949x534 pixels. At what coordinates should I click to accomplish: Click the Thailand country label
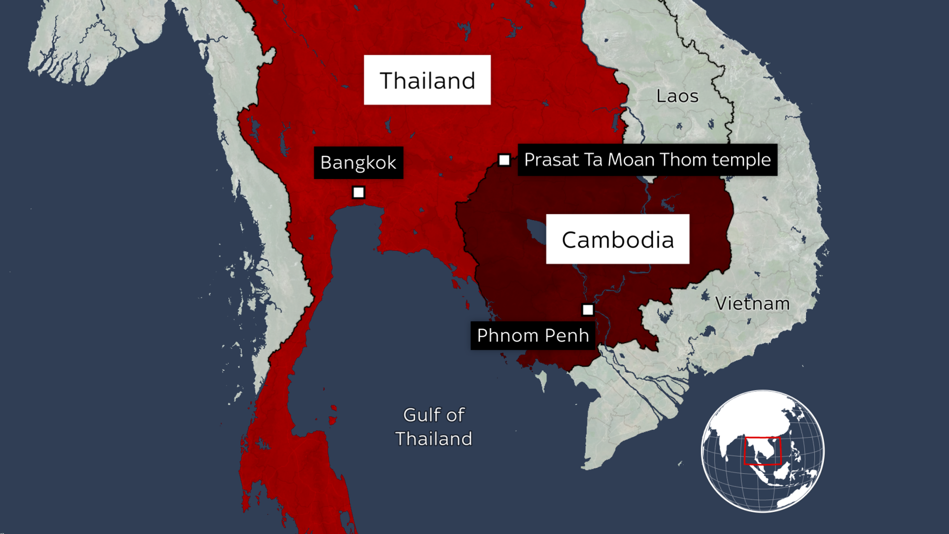click(427, 80)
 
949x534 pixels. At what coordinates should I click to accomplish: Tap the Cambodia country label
click(617, 240)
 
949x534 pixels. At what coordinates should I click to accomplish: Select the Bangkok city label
click(358, 163)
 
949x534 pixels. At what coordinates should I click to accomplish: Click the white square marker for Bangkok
click(358, 192)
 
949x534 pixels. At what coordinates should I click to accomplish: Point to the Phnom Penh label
click(533, 335)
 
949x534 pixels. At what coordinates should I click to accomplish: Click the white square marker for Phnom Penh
click(588, 310)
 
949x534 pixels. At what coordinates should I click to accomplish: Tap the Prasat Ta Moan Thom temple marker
click(504, 160)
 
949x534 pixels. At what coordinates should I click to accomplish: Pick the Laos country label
click(677, 96)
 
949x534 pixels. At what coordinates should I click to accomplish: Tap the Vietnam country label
click(752, 304)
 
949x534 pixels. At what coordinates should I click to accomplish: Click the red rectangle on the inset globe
click(762, 451)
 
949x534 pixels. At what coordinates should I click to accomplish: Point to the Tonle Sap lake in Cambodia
click(535, 231)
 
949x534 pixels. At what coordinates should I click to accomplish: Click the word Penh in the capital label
click(569, 335)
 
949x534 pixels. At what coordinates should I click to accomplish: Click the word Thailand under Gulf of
click(433, 439)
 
